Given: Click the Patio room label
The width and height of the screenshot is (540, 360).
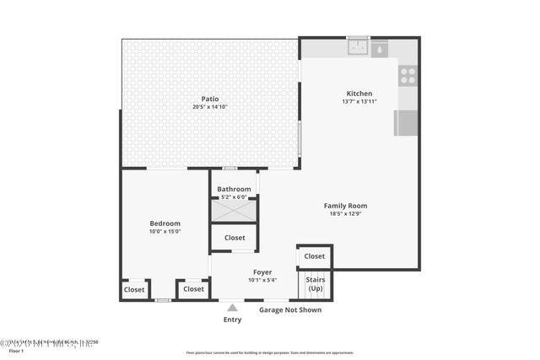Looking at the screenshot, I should pyautogui.click(x=210, y=99).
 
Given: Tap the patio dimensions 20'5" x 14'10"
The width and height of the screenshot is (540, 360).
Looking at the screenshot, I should pyautogui.click(x=210, y=107).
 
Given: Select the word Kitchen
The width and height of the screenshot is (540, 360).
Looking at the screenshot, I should pyautogui.click(x=359, y=94).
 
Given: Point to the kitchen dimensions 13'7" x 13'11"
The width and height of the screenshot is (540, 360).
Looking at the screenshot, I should pyautogui.click(x=359, y=102).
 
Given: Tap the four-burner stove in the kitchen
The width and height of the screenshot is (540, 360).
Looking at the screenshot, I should pyautogui.click(x=408, y=76).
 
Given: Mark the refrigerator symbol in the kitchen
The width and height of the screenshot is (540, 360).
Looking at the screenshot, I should pyautogui.click(x=406, y=123).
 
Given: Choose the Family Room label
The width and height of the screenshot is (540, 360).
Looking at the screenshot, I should pyautogui.click(x=346, y=206).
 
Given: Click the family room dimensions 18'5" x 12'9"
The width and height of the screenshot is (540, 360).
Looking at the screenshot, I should pyautogui.click(x=346, y=214).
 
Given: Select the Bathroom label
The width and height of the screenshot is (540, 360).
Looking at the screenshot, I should pyautogui.click(x=234, y=190).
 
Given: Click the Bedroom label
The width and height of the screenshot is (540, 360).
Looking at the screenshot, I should pyautogui.click(x=165, y=223).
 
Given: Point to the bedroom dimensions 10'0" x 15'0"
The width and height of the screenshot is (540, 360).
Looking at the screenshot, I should pyautogui.click(x=165, y=232).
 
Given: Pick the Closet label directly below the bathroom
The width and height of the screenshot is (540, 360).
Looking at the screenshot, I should pyautogui.click(x=234, y=239).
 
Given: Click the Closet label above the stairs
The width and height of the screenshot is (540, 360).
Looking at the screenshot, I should pyautogui.click(x=315, y=256).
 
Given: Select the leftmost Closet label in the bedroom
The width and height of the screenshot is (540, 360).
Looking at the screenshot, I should pyautogui.click(x=135, y=289).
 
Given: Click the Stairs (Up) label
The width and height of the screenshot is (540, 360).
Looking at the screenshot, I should pyautogui.click(x=315, y=283).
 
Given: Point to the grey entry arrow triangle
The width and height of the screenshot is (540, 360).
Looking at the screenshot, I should pyautogui.click(x=232, y=308).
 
